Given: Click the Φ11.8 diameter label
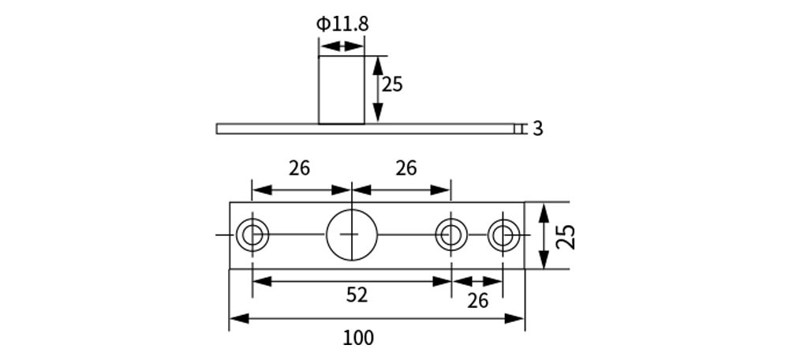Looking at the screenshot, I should coord(342,24).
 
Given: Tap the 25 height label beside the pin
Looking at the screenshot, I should coord(392,84).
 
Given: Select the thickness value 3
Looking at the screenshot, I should coord(537,129).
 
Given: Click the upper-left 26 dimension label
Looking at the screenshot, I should coord(299,168).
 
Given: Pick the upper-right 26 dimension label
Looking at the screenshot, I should coord(406,168).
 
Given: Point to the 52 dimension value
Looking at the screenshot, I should coord(357,295).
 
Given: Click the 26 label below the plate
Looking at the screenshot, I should coord(477,300).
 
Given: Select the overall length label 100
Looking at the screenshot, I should coord(358,338).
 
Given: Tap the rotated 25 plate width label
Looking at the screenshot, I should coord(565,236).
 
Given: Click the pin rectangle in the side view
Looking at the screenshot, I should coord(342,90).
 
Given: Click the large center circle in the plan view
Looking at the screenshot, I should coord(352,235).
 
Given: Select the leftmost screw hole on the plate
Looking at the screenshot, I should coord(252,235).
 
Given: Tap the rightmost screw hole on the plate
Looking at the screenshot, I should coord(503,235).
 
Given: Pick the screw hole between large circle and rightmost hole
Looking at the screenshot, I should coord(451,235).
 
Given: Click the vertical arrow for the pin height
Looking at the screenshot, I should coord(377,88).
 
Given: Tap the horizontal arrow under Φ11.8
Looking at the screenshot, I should coord(342,47).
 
